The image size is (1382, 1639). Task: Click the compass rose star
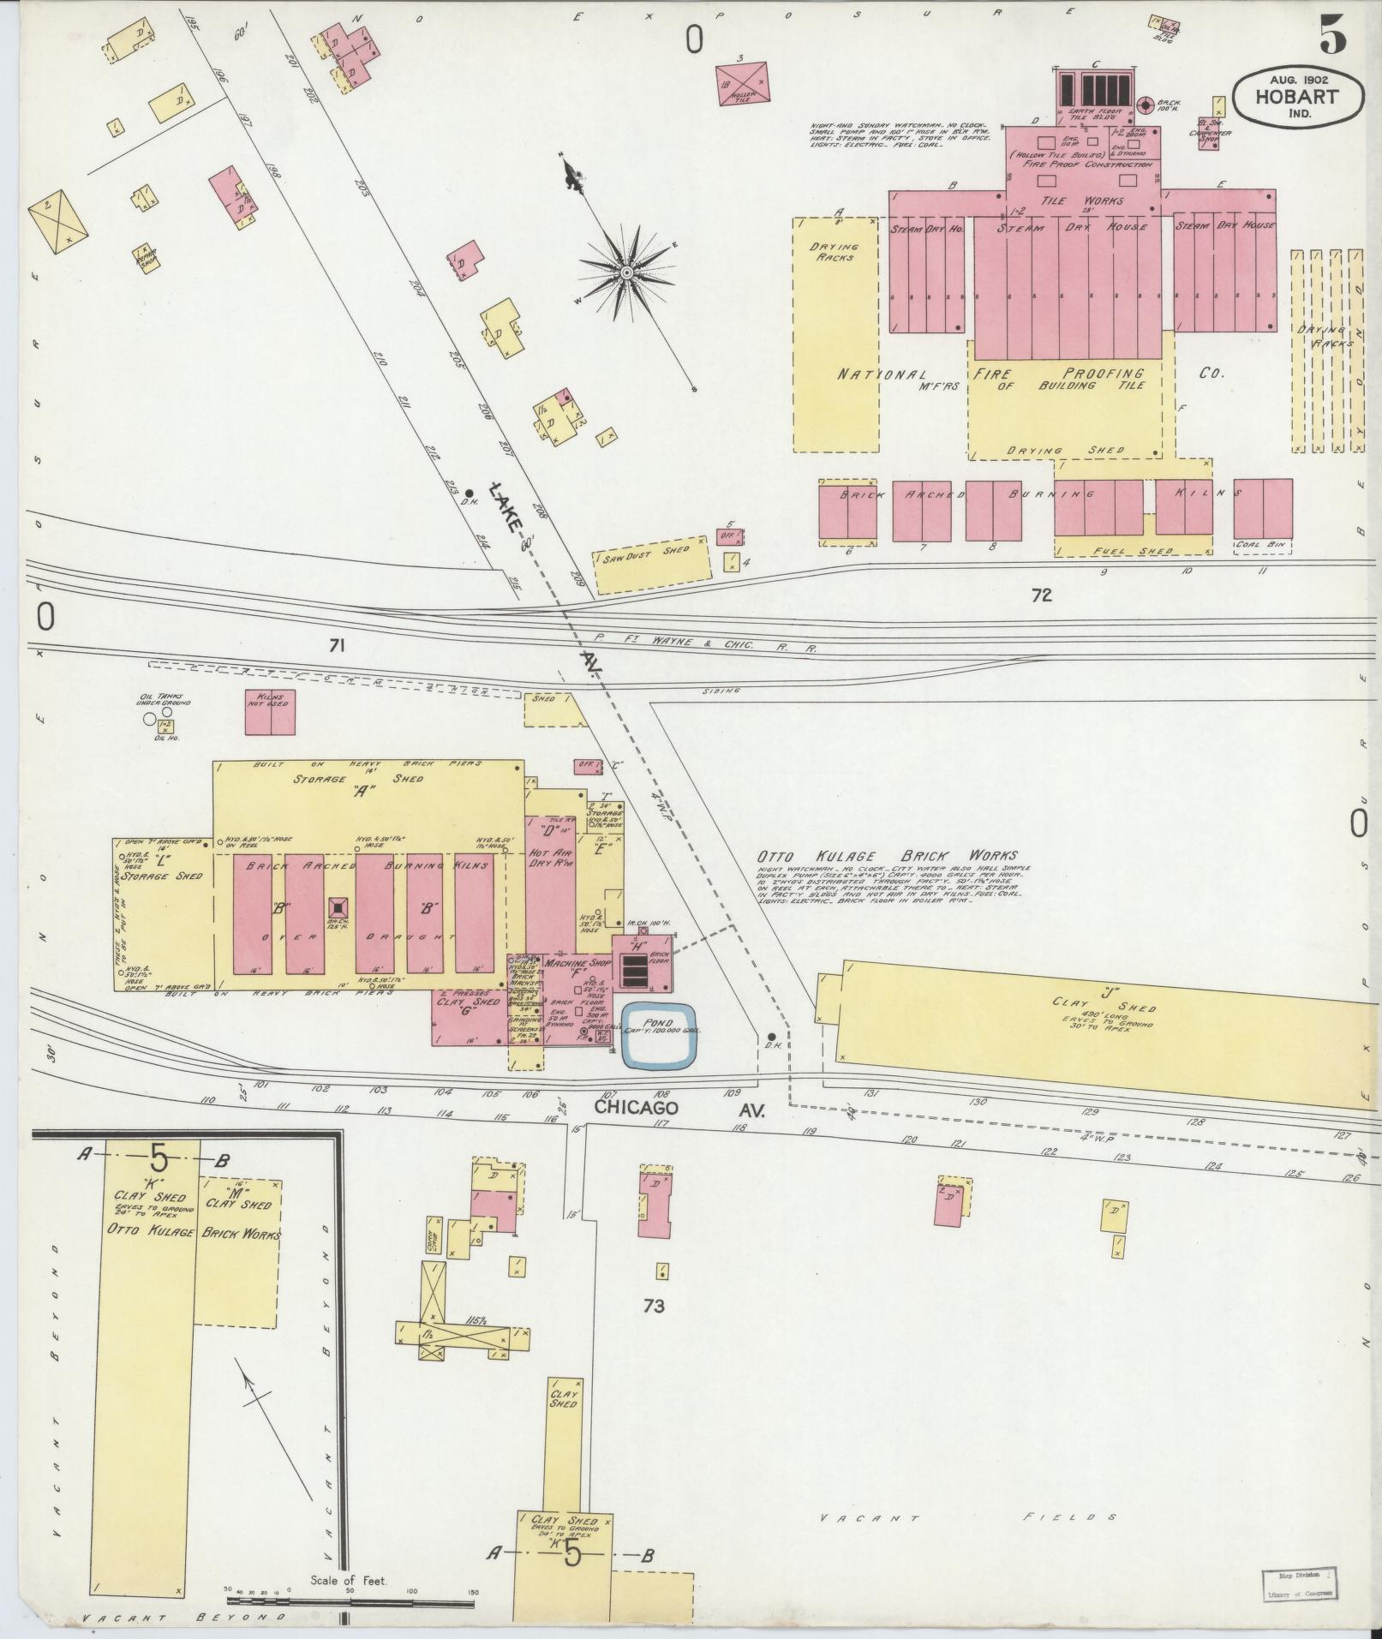tap(626, 272)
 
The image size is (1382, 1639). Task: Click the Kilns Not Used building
tap(271, 711)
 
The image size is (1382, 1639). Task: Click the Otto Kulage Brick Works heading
tap(886, 855)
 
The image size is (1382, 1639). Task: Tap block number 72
tap(1041, 595)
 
